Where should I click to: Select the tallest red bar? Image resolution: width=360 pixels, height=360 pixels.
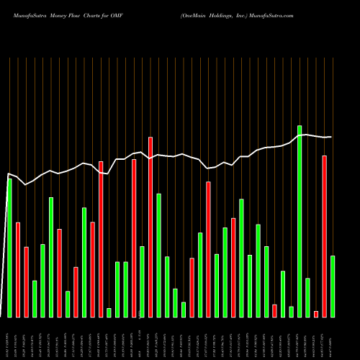tap(150, 227)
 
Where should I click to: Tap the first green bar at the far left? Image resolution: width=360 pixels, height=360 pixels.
tap(9, 248)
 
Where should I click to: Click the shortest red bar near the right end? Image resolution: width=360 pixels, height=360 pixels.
tap(316, 314)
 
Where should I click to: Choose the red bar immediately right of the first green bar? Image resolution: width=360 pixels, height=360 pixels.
tap(18, 270)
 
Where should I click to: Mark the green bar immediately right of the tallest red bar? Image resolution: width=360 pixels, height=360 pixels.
tap(158, 256)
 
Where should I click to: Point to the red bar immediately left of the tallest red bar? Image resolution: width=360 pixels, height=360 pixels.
tap(134, 238)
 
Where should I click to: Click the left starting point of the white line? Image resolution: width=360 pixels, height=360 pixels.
tap(8, 174)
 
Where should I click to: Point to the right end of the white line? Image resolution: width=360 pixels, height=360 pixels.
tap(331, 137)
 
